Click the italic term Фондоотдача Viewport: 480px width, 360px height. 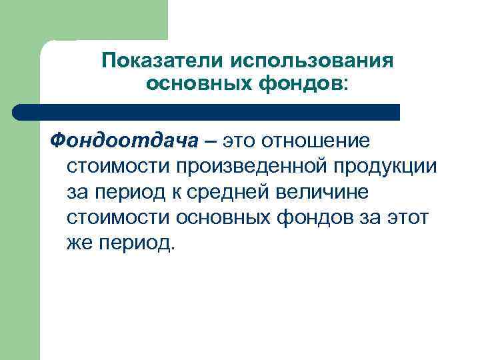124,141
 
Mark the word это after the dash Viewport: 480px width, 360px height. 240,141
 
